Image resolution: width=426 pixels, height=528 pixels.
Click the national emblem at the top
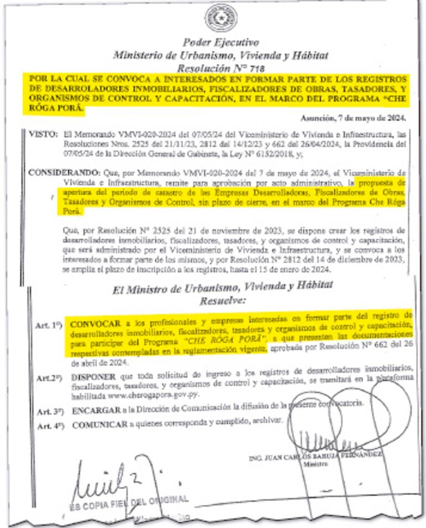pyautogui.click(x=220, y=20)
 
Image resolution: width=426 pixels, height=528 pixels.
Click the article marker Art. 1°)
pyautogui.click(x=50, y=326)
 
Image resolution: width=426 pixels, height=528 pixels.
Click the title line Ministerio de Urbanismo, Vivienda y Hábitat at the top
pyautogui.click(x=220, y=55)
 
